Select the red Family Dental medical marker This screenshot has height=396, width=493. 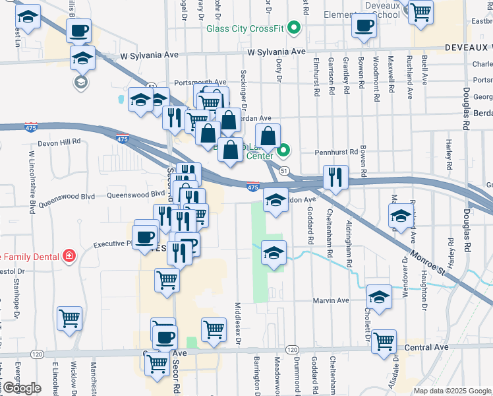pyautogui.click(x=67, y=256)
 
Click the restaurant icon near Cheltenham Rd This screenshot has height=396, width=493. pyautogui.click(x=335, y=178)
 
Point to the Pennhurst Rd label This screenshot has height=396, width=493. pyautogui.click(x=335, y=152)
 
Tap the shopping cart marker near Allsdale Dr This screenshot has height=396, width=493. pyautogui.click(x=384, y=341)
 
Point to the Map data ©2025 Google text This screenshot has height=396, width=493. pyautogui.click(x=452, y=391)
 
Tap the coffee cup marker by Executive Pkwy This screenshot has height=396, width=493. pyautogui.click(x=145, y=237)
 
